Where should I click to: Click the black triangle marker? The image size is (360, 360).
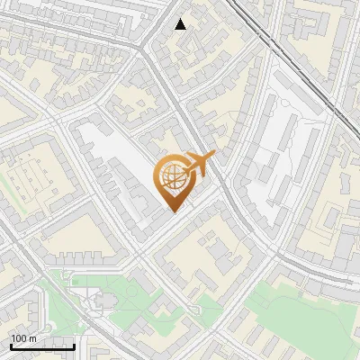181,24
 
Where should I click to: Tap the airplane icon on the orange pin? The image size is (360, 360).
199,165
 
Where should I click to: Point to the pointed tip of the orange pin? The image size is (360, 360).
174,211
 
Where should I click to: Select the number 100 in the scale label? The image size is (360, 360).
19,338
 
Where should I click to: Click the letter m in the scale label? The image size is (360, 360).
32,338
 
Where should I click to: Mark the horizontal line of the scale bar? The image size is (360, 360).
41,347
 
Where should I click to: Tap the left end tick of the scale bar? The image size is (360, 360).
10,346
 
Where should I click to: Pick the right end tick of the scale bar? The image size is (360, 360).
74,346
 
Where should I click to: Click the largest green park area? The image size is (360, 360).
297,315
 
